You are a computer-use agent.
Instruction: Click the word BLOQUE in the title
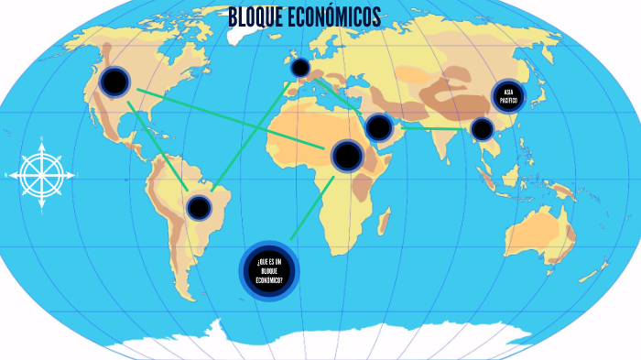pyautogui.click(x=257, y=18)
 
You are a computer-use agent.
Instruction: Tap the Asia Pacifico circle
pyautogui.click(x=508, y=96)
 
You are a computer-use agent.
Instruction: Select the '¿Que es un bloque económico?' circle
pyautogui.click(x=269, y=271)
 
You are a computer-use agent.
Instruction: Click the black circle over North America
pyautogui.click(x=114, y=82)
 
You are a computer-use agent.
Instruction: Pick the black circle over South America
pyautogui.click(x=198, y=207)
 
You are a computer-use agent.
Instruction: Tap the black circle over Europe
pyautogui.click(x=299, y=68)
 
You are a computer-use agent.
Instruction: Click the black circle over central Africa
pyautogui.click(x=347, y=156)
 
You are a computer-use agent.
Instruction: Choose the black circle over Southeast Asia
pyautogui.click(x=482, y=129)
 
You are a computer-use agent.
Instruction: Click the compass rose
pyautogui.click(x=42, y=173)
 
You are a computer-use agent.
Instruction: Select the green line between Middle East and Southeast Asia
pyautogui.click(x=430, y=128)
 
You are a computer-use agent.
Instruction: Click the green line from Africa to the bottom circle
pyautogui.click(x=311, y=210)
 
